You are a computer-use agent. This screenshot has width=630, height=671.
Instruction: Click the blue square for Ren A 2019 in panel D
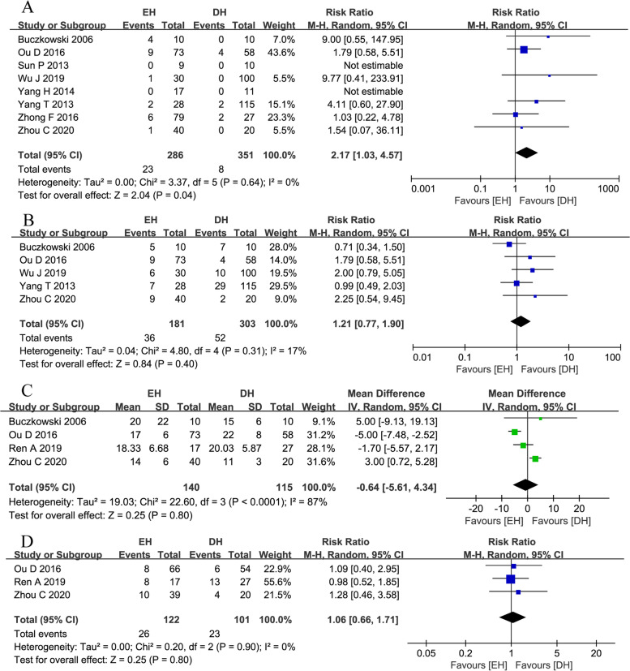(x=510, y=579)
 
